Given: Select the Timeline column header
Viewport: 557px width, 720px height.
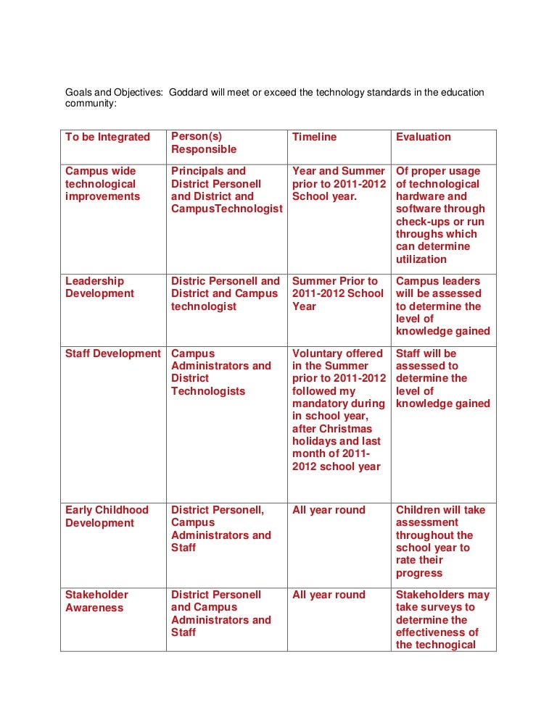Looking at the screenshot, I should [x=314, y=137].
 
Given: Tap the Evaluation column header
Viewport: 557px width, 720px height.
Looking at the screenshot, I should [x=423, y=137].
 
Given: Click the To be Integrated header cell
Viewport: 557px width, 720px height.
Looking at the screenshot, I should [x=107, y=137].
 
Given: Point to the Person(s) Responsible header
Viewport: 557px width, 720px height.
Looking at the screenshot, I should [x=203, y=143].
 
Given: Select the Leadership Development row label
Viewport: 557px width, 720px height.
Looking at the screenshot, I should [x=99, y=287].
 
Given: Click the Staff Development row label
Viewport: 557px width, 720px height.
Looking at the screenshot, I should [x=112, y=353].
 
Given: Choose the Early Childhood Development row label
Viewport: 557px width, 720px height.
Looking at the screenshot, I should [x=107, y=516].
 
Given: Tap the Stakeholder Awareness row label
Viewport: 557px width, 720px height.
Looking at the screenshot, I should [x=94, y=601].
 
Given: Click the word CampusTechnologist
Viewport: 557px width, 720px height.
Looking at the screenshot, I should [x=226, y=209].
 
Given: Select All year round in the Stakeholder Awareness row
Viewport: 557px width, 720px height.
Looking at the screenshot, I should [x=329, y=595].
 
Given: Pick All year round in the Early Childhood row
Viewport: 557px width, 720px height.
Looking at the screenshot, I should [x=329, y=510].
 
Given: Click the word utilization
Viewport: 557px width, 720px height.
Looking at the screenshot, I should [x=421, y=259].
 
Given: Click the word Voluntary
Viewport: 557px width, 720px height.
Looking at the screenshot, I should [x=318, y=353].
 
